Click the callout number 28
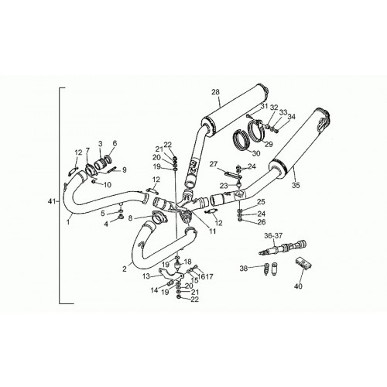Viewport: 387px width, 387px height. (215, 92)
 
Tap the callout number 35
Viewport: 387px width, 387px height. (296, 185)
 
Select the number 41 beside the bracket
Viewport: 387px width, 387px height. (52, 202)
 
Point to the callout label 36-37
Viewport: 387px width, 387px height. (273, 235)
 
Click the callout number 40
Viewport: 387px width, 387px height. (298, 286)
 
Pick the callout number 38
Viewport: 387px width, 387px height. (244, 269)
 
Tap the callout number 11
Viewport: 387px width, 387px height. (212, 231)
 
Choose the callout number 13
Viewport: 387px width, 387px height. (146, 276)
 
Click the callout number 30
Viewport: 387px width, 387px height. (256, 153)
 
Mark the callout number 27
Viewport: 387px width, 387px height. (214, 164)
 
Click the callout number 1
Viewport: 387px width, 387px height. (68, 221)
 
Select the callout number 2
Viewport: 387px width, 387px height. (125, 269)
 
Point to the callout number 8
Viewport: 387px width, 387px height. (130, 218)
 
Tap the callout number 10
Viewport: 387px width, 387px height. (108, 184)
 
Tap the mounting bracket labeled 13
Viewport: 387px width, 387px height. (170, 275)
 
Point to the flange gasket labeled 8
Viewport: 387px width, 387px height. (159, 217)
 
